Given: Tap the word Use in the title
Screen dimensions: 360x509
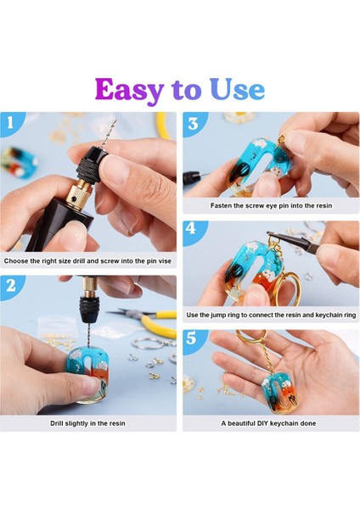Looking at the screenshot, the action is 237,89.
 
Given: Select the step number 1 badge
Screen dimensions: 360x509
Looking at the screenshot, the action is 10,122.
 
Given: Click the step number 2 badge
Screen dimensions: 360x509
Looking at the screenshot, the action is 11,285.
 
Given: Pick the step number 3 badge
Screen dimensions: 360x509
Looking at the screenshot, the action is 193,123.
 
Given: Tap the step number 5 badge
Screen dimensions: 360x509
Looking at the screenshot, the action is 192,338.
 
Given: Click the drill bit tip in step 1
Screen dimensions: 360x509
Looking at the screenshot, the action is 115,120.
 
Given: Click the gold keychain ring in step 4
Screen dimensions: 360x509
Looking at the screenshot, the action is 290,289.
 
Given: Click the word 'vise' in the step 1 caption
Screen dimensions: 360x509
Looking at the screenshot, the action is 165,261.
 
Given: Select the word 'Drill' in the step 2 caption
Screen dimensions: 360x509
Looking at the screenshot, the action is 57,423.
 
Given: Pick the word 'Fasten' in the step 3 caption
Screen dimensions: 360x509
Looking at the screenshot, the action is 221,205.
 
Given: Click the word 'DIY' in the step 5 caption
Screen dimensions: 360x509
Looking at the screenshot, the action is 262,423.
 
